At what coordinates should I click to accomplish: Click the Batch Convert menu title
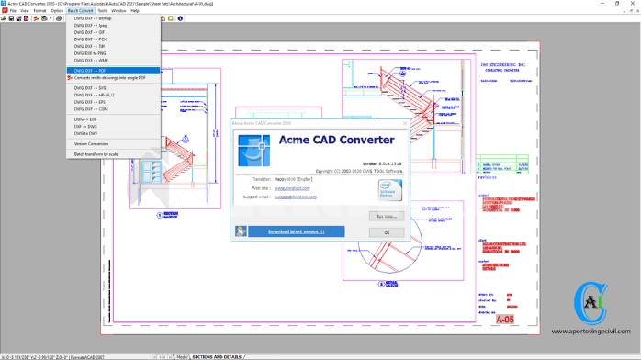[x=79, y=10]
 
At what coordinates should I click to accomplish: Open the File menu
[x=12, y=10]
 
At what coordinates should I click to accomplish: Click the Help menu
[x=135, y=10]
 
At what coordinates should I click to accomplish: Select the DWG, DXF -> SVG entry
[x=91, y=87]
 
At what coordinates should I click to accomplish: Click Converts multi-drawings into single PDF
[x=109, y=78]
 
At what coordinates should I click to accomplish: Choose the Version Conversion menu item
[x=91, y=144]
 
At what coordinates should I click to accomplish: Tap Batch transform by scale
[x=96, y=154]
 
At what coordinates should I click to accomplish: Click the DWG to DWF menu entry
[x=87, y=134]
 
